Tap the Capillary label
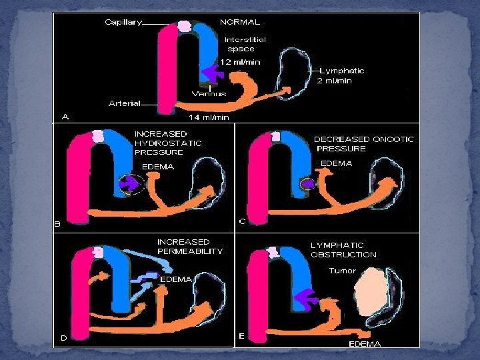point(123,22)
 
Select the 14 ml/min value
point(208,117)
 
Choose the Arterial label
point(125,103)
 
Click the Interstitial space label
point(245,44)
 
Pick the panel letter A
point(65,117)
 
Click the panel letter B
point(57,224)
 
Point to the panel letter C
point(243,221)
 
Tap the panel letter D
point(64,338)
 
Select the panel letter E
point(242,335)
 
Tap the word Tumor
point(342,271)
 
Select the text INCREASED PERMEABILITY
point(190,247)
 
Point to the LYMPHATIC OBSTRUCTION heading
point(343,250)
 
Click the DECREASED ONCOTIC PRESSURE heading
point(363,143)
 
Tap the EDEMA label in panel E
point(365,344)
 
